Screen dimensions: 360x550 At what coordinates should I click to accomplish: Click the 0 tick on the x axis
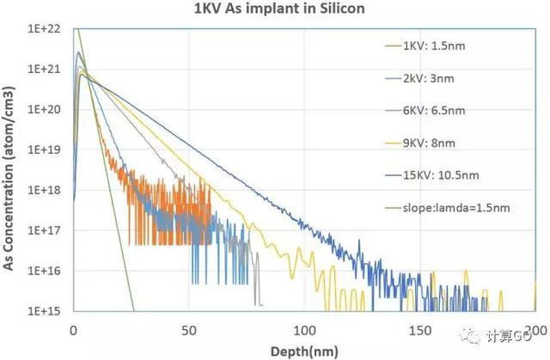click(74, 329)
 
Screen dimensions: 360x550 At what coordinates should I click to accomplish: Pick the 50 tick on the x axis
click(189, 329)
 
